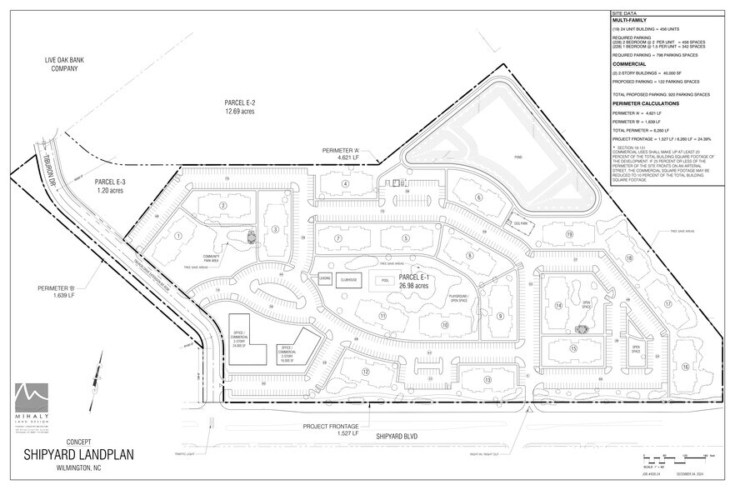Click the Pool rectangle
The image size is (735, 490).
coord(384,281)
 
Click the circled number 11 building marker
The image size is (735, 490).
coord(382,317)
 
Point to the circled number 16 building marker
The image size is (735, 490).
coord(685,366)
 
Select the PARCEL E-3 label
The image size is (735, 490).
coord(110,185)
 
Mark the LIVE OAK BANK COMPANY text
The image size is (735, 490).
coord(62,65)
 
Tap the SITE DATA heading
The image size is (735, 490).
coord(625,14)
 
